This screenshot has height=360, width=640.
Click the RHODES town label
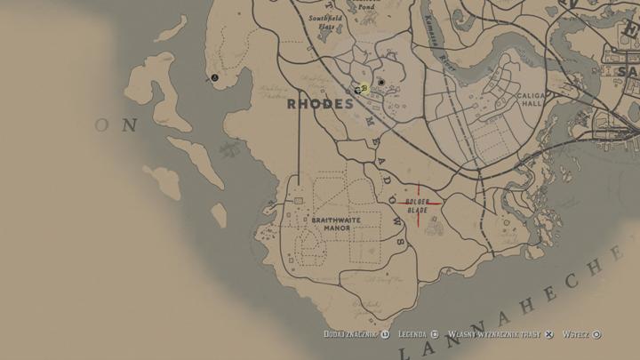click(x=320, y=104)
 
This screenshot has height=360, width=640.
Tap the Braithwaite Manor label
click(x=331, y=223)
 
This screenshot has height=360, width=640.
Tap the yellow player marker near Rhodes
click(x=364, y=87)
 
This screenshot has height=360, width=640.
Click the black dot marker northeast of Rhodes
click(x=382, y=82)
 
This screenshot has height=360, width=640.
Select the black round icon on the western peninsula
click(x=214, y=78)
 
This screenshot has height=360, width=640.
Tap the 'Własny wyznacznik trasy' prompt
click(x=494, y=334)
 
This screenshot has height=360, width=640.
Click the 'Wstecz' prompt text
click(x=576, y=334)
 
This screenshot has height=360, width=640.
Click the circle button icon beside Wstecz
click(x=596, y=334)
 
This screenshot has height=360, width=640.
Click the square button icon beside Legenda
click(x=436, y=334)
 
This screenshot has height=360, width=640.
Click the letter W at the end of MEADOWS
click(x=396, y=226)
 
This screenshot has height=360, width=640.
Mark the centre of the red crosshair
click(x=418, y=204)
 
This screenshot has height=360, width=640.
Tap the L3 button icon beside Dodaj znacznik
click(x=385, y=334)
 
